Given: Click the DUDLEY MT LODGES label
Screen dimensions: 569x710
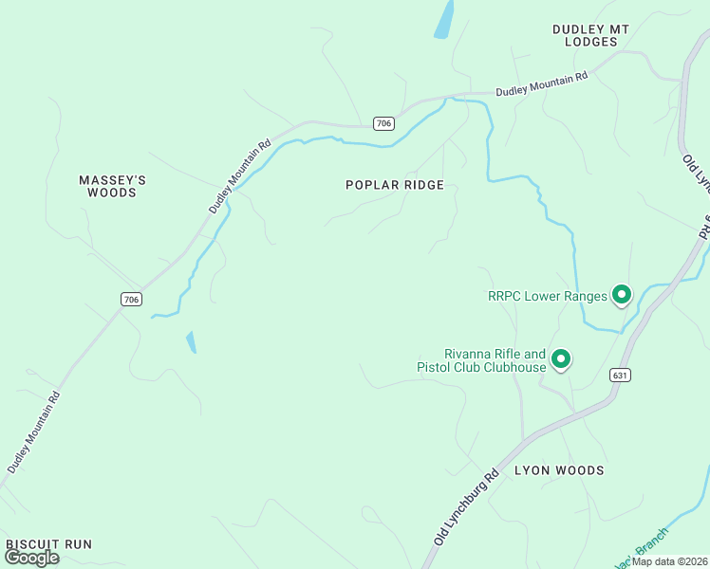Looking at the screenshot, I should (x=591, y=36).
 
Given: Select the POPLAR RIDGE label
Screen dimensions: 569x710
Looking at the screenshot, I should (x=395, y=185).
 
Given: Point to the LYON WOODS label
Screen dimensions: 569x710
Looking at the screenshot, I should (x=559, y=470).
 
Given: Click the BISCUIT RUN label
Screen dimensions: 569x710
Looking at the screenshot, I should (x=48, y=544).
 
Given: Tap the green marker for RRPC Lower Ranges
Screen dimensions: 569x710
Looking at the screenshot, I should (x=622, y=296).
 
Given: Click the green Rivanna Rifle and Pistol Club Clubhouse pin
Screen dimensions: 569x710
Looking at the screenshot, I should (x=561, y=359).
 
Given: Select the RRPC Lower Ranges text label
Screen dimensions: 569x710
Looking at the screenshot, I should (x=547, y=296).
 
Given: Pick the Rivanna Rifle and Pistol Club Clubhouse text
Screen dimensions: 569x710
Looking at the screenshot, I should (x=482, y=360).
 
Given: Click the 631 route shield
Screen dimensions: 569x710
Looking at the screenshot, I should (x=621, y=376).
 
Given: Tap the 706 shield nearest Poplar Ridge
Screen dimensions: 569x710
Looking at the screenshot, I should (x=383, y=123).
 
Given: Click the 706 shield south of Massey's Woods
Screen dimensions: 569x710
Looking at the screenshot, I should (x=131, y=300).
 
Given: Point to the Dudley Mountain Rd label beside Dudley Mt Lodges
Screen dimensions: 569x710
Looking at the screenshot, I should (x=542, y=84).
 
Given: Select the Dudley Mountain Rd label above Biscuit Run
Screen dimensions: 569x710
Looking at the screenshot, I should (x=33, y=431).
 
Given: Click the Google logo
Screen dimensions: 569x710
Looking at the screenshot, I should (x=32, y=558).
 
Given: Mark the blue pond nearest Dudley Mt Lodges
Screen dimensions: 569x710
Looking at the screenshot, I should (x=443, y=18).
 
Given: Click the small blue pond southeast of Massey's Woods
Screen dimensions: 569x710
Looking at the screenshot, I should (x=192, y=341).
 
